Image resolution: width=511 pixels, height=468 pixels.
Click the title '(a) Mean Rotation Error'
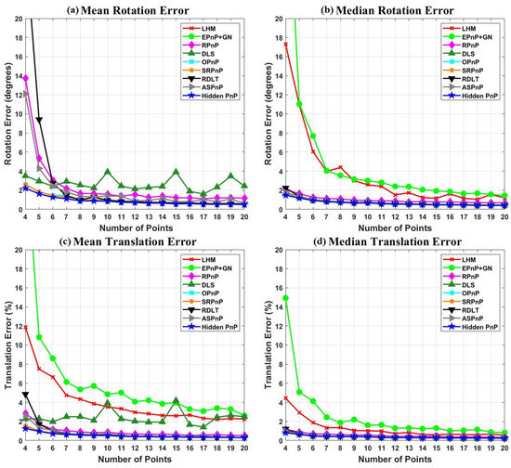click(129, 10)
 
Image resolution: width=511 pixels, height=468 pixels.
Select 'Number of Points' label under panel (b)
click(384, 228)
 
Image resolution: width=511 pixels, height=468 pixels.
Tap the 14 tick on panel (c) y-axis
click(16, 308)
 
